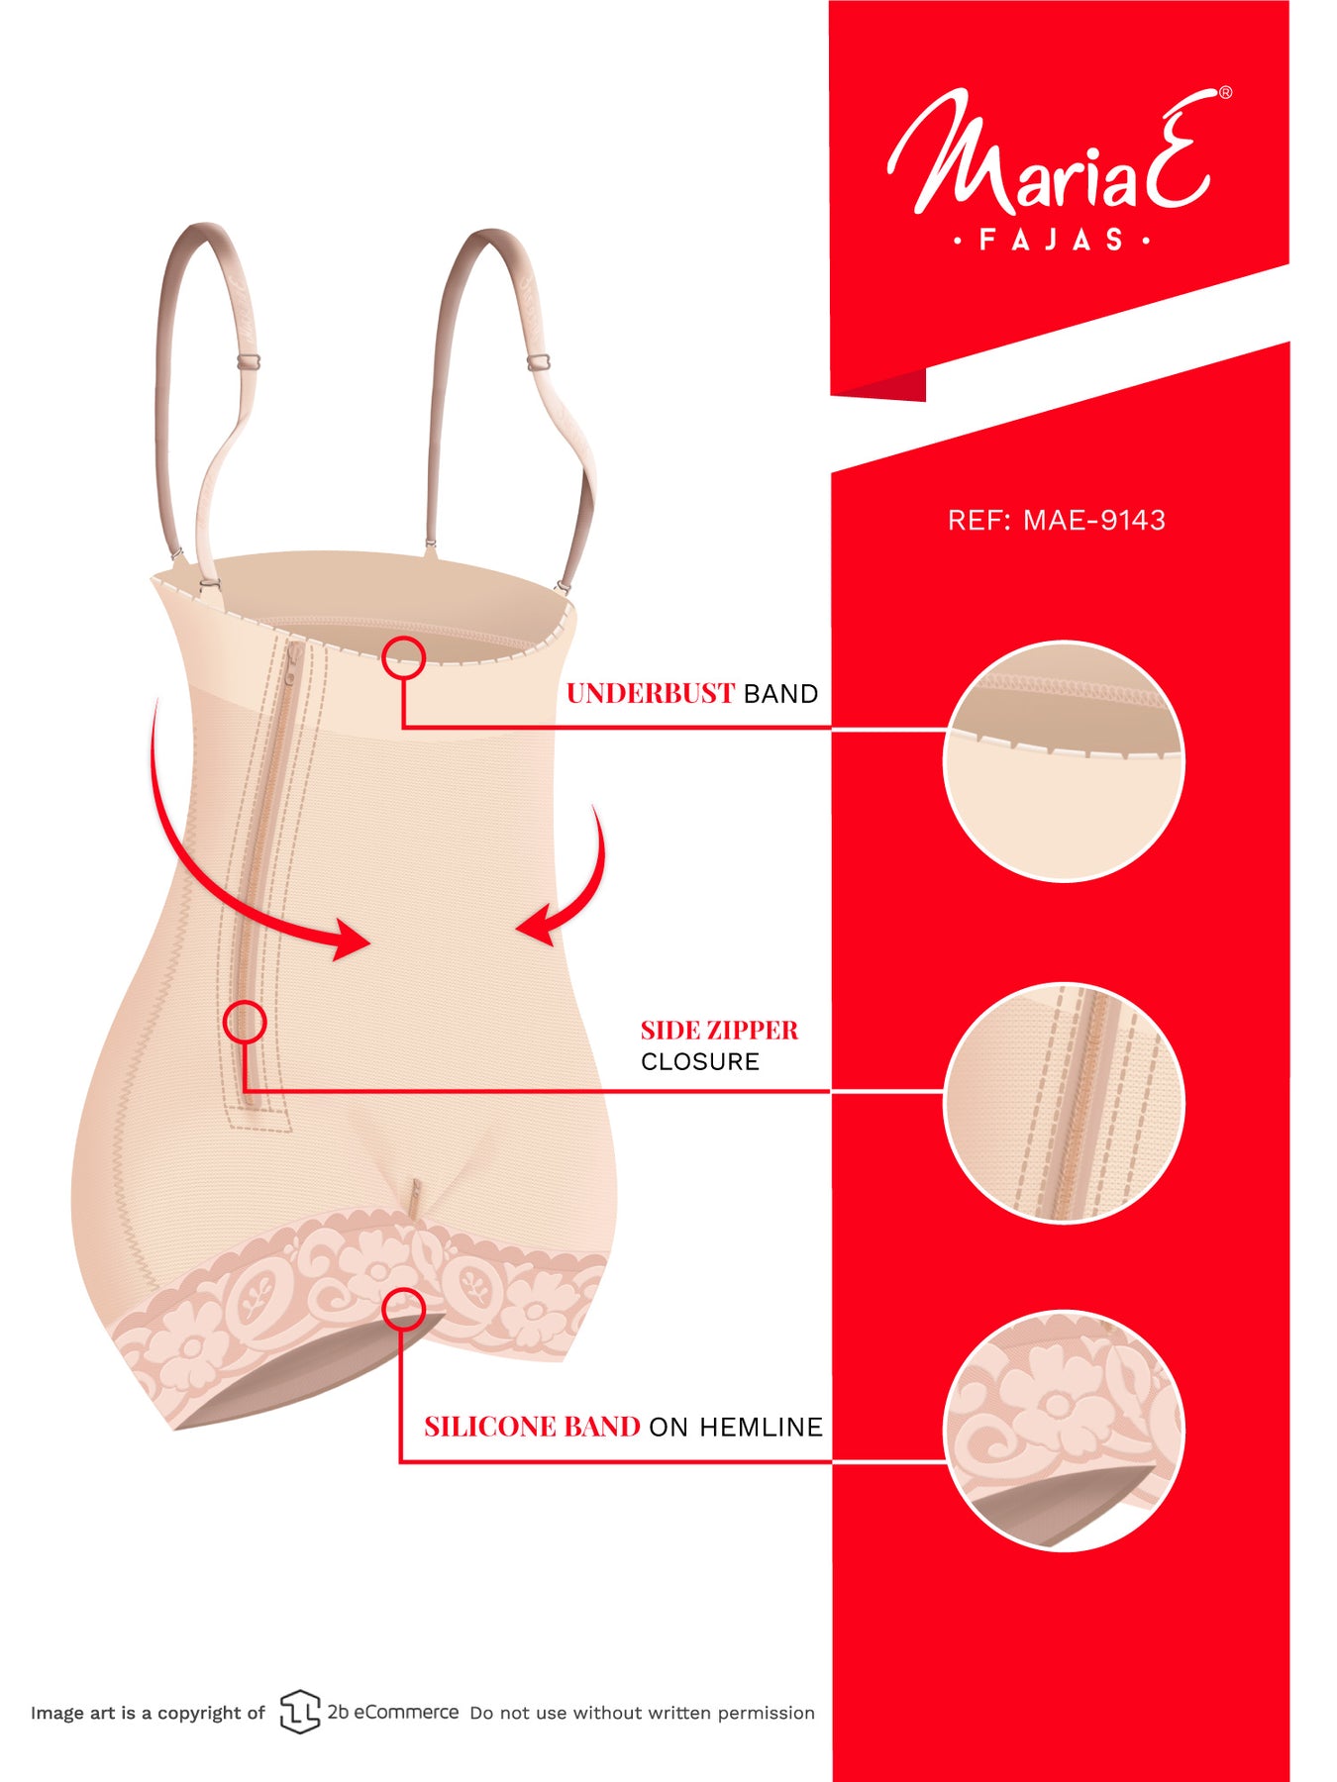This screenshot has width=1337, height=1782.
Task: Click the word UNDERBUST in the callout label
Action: point(650,693)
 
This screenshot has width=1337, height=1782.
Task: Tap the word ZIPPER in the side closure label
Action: point(753,1030)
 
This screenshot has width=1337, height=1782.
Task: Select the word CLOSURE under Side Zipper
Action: point(700,1061)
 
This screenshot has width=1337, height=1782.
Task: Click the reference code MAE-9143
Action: point(1094,521)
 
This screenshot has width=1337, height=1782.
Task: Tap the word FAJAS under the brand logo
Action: point(1051,240)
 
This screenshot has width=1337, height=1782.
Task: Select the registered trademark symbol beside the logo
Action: point(1225,92)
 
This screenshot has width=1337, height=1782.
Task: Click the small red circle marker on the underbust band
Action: point(404,657)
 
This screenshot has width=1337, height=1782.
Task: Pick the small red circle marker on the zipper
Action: point(245,1022)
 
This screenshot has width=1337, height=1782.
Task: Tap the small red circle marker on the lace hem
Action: point(404,1309)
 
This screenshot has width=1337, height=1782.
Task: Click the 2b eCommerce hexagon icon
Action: point(299,1712)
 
